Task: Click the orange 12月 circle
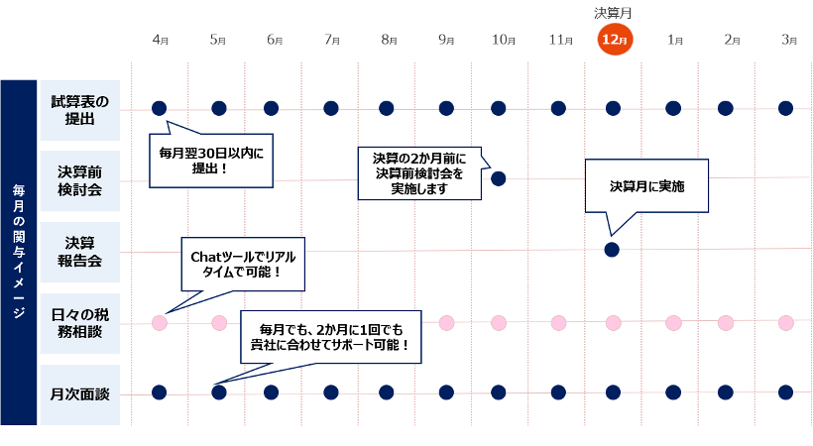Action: coord(614,40)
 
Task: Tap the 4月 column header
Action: coord(161,41)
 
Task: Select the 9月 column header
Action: coord(446,41)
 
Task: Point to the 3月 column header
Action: coord(789,41)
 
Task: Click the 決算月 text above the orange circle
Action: coord(614,13)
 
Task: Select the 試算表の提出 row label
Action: coord(80,108)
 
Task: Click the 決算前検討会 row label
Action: coord(80,180)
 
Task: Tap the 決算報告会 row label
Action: coord(80,252)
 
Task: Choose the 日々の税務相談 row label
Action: coord(80,323)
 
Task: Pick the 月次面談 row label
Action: coord(80,393)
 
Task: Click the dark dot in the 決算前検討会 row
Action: coord(499,178)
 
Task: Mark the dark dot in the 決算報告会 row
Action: coord(612,249)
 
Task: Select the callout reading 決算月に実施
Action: coord(646,186)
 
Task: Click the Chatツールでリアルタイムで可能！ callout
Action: coord(242,264)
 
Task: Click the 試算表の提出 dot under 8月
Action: coord(386,108)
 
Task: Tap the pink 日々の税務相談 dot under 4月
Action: coord(160,322)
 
